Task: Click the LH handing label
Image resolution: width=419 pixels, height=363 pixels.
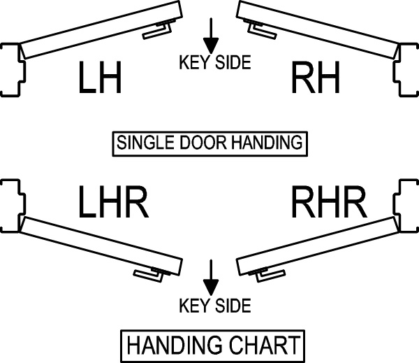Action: coord(100,78)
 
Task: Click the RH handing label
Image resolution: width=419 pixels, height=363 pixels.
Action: coord(316,78)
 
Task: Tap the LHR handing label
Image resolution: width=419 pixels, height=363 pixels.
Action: coord(113,204)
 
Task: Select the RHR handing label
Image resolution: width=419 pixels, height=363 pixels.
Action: coord(328,204)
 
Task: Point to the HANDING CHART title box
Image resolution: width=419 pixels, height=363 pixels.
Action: coord(212,346)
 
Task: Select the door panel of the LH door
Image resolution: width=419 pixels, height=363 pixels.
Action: coord(98,28)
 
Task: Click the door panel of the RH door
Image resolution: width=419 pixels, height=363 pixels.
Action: coord(321,28)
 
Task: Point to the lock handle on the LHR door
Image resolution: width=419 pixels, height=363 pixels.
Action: coord(156,274)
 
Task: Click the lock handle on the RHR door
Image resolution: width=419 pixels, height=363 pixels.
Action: coord(263,274)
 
